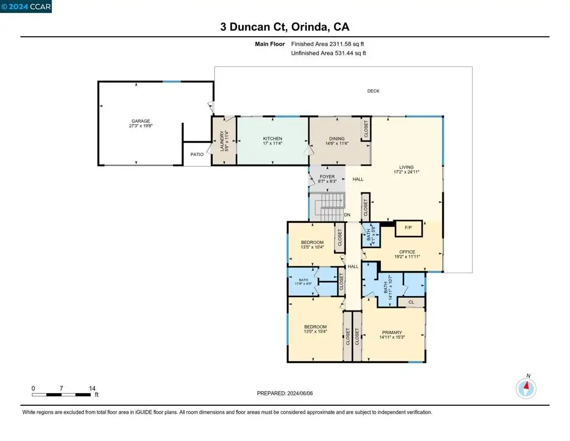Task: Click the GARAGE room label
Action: [x=141, y=121]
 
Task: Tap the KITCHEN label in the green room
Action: [x=273, y=138]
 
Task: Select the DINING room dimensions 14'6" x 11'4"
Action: [x=337, y=143]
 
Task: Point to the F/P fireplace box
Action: [x=409, y=229]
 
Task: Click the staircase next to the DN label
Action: [x=327, y=206]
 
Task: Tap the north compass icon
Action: [x=526, y=388]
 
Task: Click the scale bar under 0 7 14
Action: [x=61, y=394]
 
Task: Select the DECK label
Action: [x=374, y=91]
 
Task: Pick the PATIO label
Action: [x=197, y=154]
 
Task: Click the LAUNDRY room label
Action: [x=222, y=141]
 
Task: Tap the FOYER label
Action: [x=327, y=177]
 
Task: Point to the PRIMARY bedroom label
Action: [x=392, y=332]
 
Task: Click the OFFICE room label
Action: [x=407, y=251]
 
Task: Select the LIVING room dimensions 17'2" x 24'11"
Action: [x=406, y=172]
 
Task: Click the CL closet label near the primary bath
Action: [x=411, y=302]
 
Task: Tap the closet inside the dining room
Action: [x=366, y=129]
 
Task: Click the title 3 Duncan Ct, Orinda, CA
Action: [x=284, y=27]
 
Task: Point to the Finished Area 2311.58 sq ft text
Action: [x=327, y=44]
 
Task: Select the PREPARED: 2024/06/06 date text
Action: [x=284, y=393]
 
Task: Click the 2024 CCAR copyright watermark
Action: [x=26, y=7]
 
